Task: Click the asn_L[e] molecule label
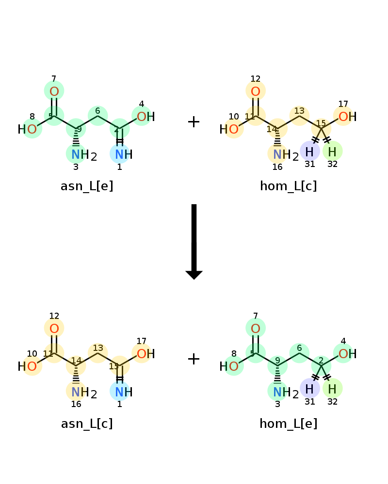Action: (x=87, y=186)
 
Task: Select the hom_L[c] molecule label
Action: (x=289, y=186)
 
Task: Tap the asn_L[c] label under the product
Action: (x=87, y=424)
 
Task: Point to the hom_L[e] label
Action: (x=289, y=424)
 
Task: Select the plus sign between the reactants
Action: (x=194, y=122)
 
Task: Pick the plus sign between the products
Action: (x=194, y=359)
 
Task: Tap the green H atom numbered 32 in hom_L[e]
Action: (x=332, y=389)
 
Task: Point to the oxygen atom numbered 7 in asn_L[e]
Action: (x=54, y=91)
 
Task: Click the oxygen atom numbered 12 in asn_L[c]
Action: (x=54, y=329)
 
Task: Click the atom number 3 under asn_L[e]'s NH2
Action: (x=76, y=167)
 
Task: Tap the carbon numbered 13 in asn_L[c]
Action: (x=98, y=351)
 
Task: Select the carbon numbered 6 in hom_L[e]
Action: (x=299, y=351)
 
